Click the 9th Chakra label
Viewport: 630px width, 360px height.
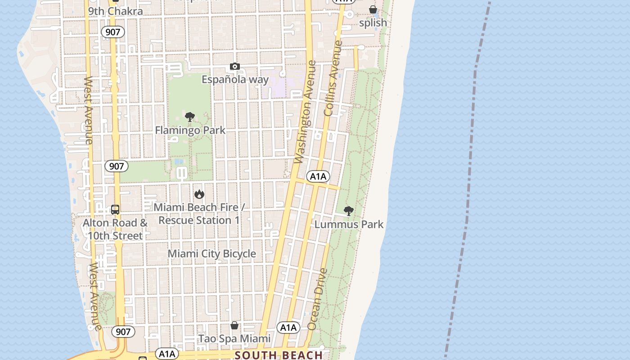click(x=115, y=11)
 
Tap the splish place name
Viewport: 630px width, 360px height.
click(x=373, y=22)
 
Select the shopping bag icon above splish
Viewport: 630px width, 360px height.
click(x=373, y=9)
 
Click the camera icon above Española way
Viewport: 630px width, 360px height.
click(x=234, y=67)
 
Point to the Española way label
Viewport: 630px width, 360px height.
click(x=235, y=80)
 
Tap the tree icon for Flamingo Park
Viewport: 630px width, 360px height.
click(x=190, y=117)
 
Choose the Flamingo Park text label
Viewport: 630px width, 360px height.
click(x=190, y=130)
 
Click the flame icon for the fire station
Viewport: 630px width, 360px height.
click(x=199, y=194)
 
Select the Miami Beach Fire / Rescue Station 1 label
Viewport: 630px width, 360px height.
click(x=199, y=214)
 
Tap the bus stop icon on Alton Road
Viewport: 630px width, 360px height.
click(x=115, y=210)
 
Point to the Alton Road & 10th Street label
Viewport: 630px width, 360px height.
click(x=115, y=229)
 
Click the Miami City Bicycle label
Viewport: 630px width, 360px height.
click(x=211, y=254)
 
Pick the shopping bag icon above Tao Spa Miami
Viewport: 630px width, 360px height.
click(x=234, y=325)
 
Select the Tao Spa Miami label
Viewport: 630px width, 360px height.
click(x=234, y=338)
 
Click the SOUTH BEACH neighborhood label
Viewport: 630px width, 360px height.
click(x=279, y=355)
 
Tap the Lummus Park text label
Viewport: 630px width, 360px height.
click(x=349, y=224)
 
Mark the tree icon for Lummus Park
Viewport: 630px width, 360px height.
click(x=348, y=211)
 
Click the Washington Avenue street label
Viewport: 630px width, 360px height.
click(x=305, y=112)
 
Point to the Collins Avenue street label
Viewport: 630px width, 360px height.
click(x=333, y=79)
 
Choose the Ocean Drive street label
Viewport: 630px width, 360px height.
click(x=317, y=299)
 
